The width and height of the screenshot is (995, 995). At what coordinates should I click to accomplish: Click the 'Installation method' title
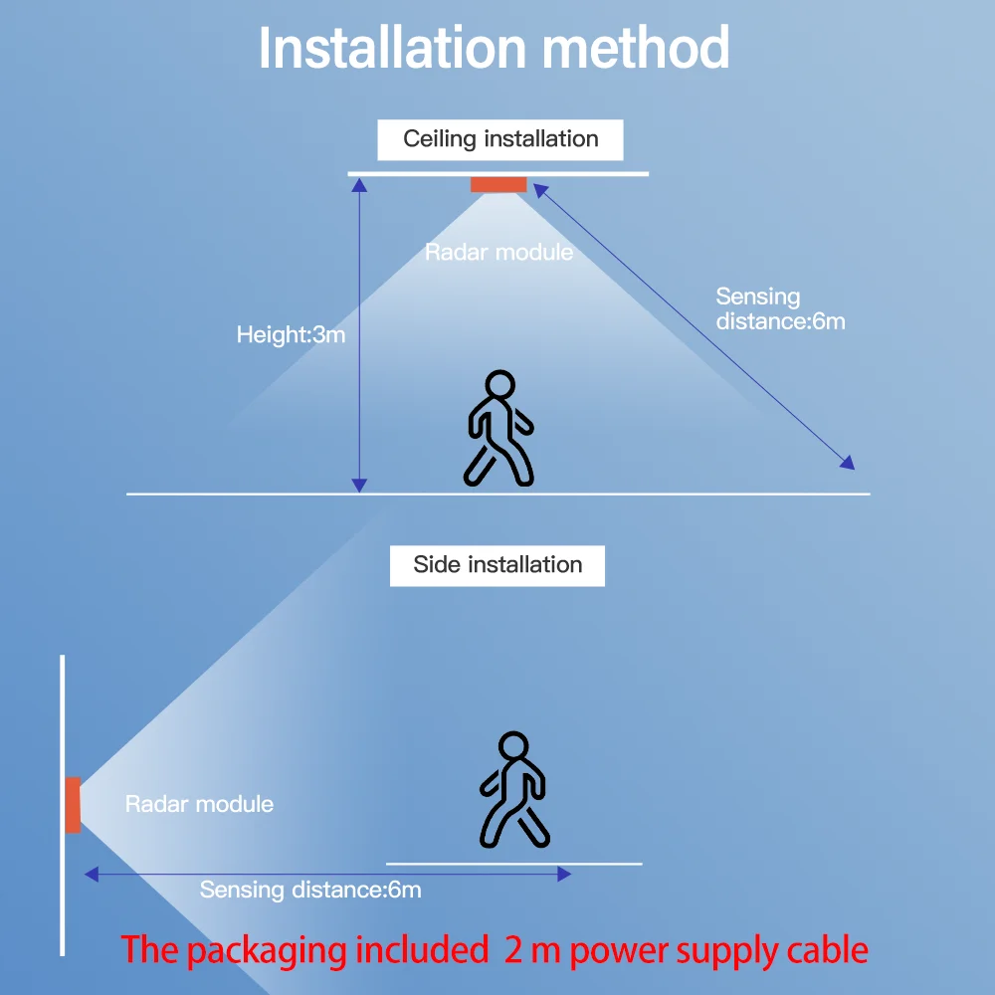coord(494,47)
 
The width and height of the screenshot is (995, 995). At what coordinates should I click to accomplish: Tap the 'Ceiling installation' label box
coord(500,139)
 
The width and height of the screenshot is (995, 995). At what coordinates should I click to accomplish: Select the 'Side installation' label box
coord(497,565)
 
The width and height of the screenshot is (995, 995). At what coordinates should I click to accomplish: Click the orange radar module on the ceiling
coord(498,184)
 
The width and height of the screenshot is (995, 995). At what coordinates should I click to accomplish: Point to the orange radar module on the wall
coord(73,805)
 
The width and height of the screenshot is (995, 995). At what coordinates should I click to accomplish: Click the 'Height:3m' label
coord(291,334)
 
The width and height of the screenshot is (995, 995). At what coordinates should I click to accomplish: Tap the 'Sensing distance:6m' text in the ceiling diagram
coord(780,308)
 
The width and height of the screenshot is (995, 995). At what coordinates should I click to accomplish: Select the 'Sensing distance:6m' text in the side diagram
coord(310,890)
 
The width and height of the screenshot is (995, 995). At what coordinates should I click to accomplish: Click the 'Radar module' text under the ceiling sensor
coord(498,252)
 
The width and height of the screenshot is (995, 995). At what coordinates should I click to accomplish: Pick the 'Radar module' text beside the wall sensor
coord(199,804)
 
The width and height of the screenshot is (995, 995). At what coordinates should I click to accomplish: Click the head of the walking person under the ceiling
coord(500,384)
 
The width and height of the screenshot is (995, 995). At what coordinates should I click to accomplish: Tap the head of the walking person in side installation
coord(513,745)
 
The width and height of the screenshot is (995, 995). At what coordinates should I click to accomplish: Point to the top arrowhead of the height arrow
coord(359,185)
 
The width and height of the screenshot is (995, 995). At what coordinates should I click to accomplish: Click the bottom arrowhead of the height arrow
coord(359,486)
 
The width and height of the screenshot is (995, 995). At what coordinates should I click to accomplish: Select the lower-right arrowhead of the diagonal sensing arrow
coord(849,463)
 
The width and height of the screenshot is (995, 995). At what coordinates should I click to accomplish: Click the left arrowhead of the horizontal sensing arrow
coord(92,874)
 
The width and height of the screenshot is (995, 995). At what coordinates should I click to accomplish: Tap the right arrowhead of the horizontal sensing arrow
coord(564,874)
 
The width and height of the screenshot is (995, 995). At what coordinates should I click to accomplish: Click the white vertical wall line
coord(62,805)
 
